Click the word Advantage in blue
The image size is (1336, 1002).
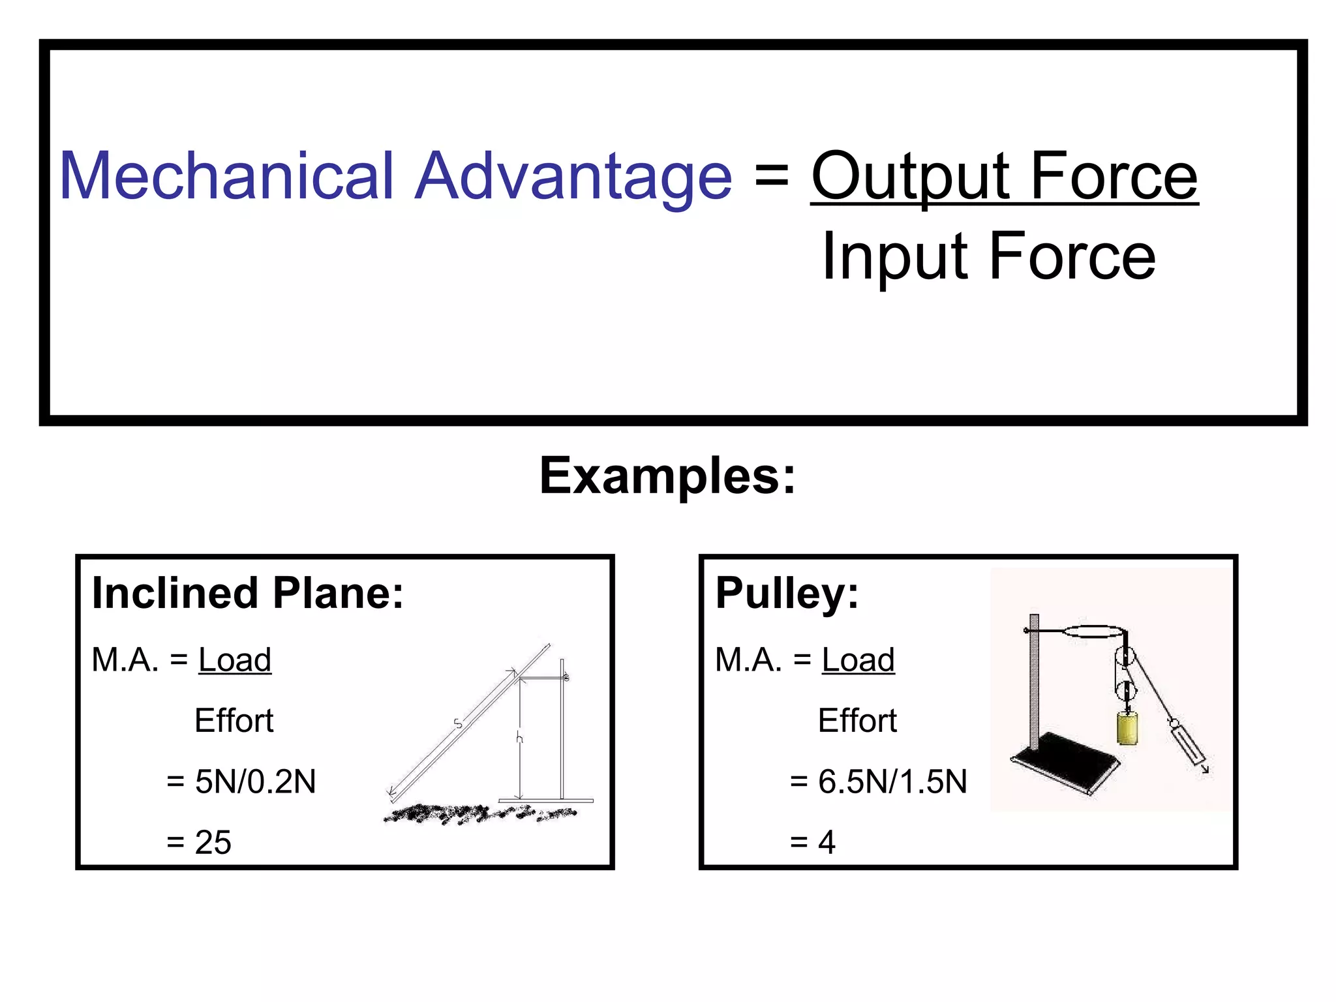tap(573, 176)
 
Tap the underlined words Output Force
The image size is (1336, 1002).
tap(1004, 176)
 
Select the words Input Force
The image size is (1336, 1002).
tap(988, 256)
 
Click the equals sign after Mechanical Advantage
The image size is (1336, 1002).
tap(772, 175)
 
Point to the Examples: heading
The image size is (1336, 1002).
tap(667, 476)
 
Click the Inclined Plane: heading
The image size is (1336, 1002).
tap(248, 593)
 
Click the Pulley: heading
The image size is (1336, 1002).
tap(787, 593)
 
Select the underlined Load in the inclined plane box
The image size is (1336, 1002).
tap(234, 660)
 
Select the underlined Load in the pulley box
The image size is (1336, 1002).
tap(858, 660)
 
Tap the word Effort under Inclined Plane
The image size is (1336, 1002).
tap(234, 721)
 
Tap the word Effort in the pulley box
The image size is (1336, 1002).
tap(857, 721)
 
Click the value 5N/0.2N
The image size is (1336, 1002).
tap(255, 782)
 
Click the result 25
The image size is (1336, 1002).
tap(213, 842)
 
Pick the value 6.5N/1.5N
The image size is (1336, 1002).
tap(892, 782)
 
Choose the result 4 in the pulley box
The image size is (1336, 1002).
tap(827, 842)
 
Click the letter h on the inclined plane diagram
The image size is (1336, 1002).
tap(519, 738)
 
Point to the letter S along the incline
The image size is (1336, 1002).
tap(458, 723)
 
